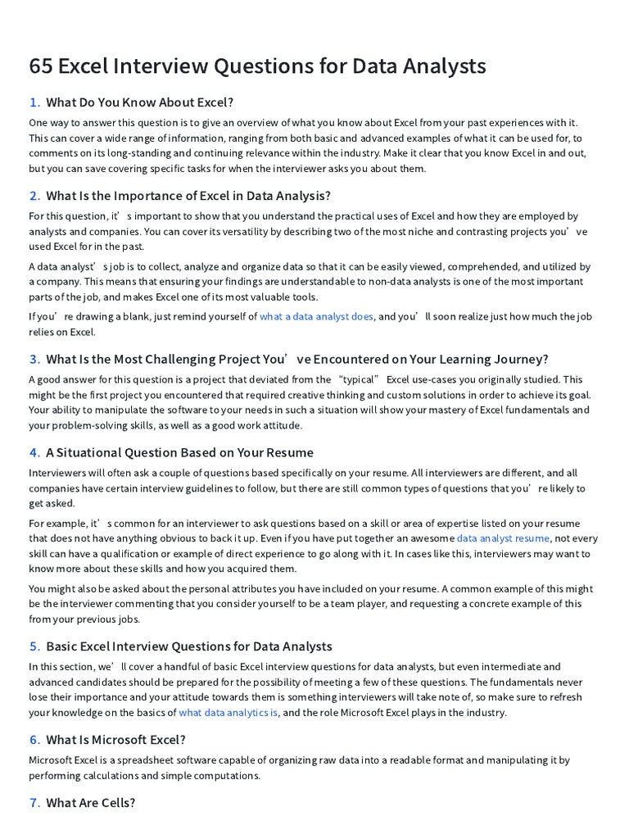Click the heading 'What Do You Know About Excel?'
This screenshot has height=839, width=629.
pyautogui.click(x=139, y=102)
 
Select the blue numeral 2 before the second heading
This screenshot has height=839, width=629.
pyautogui.click(x=34, y=196)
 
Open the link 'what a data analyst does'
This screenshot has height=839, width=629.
pyautogui.click(x=316, y=317)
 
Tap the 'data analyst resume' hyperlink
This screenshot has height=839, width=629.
pyautogui.click(x=503, y=538)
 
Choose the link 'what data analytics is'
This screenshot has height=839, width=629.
pyautogui.click(x=229, y=713)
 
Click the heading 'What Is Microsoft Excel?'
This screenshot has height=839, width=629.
pyautogui.click(x=115, y=740)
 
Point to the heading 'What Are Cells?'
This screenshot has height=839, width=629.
pyautogui.click(x=90, y=803)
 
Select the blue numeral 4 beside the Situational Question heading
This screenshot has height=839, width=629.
pyautogui.click(x=34, y=452)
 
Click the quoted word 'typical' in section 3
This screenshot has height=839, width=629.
pyautogui.click(x=359, y=379)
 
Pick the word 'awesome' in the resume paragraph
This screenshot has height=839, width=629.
pyautogui.click(x=431, y=538)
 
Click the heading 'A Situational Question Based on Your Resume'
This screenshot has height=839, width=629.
pyautogui.click(x=179, y=452)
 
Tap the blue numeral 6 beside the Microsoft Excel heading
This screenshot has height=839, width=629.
pyautogui.click(x=34, y=740)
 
